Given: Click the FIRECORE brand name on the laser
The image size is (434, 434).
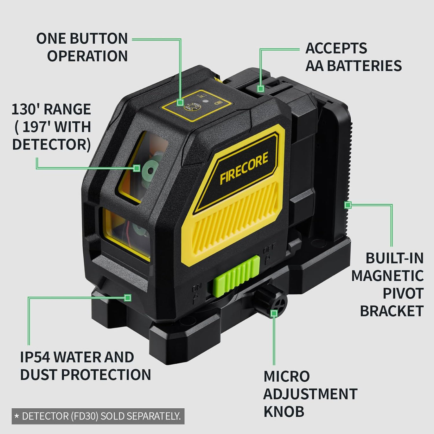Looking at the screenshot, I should tap(244, 168).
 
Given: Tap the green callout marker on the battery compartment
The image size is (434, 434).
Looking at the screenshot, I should tap(260, 88).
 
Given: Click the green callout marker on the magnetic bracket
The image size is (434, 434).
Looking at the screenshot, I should tap(348, 205).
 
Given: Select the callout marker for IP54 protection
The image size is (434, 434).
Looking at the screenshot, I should tap(128, 297).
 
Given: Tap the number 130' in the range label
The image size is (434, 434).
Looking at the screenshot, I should tap(25, 109).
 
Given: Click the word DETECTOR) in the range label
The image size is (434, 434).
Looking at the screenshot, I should tap(51, 144).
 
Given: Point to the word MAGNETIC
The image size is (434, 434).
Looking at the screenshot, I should tap(387, 276).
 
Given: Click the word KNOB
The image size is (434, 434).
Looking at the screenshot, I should tap(284, 412).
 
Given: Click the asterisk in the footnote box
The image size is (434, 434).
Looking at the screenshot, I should tap(17, 416).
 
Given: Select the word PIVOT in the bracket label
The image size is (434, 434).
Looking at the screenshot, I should tap(403, 293).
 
